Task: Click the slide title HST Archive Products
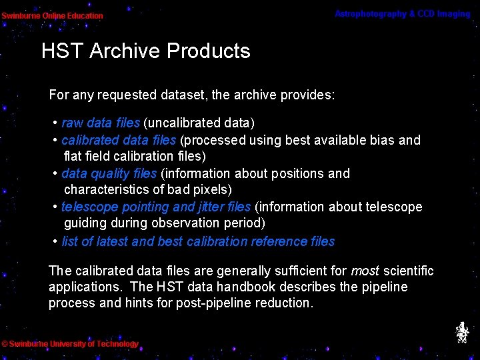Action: [x=145, y=51]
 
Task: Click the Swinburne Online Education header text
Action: [x=52, y=15]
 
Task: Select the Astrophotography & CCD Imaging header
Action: [x=402, y=14]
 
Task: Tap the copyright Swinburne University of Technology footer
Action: [x=70, y=344]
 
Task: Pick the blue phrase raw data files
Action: [x=100, y=123]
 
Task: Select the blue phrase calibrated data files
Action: [x=118, y=140]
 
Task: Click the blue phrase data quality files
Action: [x=109, y=173]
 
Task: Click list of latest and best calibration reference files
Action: [x=198, y=241]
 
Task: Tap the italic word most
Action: [x=365, y=271]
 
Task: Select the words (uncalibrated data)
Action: [x=199, y=123]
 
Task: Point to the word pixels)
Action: [x=210, y=190]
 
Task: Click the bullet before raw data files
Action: [x=55, y=123]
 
